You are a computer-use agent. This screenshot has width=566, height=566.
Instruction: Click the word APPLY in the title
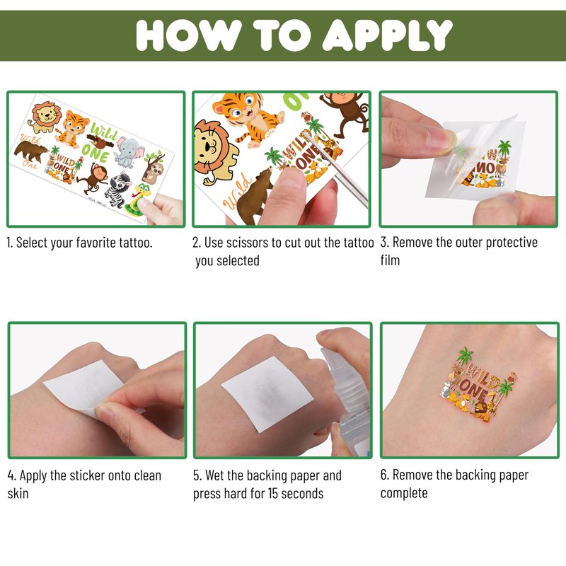[387, 35]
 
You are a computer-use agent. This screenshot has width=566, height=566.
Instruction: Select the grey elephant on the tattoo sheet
[128, 152]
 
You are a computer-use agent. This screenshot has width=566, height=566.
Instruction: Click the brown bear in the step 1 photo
[30, 151]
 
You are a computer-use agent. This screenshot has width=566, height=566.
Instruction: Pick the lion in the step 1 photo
[45, 117]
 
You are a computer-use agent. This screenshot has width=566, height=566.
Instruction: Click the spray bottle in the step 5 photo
[347, 397]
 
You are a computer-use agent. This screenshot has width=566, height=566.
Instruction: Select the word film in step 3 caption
[390, 260]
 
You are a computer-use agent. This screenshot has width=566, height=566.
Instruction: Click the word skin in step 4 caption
[18, 493]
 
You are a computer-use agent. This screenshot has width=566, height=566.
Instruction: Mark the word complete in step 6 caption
[404, 493]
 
